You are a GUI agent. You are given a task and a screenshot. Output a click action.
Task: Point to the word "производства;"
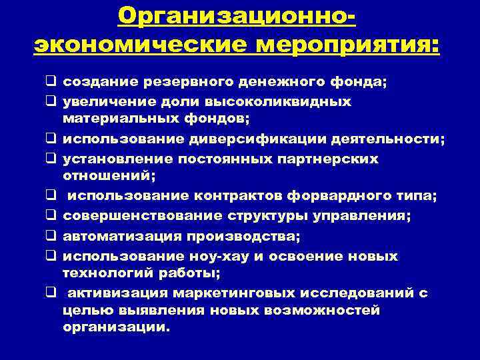point(242,236)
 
